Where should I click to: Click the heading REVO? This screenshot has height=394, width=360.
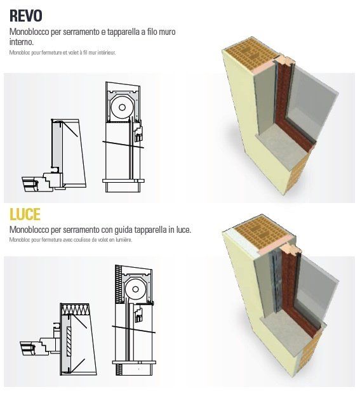pos(25,16)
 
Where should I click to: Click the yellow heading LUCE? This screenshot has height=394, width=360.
pos(25,214)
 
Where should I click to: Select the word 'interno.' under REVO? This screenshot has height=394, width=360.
pos(22,42)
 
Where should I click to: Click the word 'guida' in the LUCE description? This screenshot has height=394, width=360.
pos(123,230)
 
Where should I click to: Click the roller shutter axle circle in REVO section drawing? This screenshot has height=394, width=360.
pos(122,107)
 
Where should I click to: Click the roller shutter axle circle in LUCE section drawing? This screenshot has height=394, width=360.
pos(135,289)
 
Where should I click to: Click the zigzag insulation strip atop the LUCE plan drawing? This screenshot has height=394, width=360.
pos(76,310)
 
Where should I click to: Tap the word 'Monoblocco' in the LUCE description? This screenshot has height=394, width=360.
pos(29,230)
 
